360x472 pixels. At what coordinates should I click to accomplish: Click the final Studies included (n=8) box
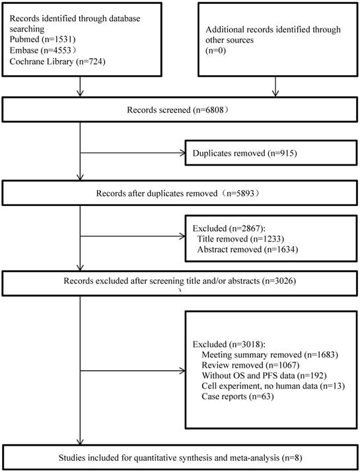[x=179, y=456]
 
